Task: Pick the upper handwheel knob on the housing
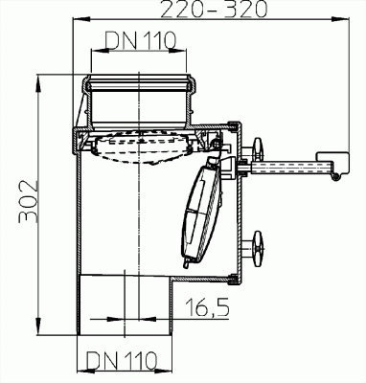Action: click(258, 148)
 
